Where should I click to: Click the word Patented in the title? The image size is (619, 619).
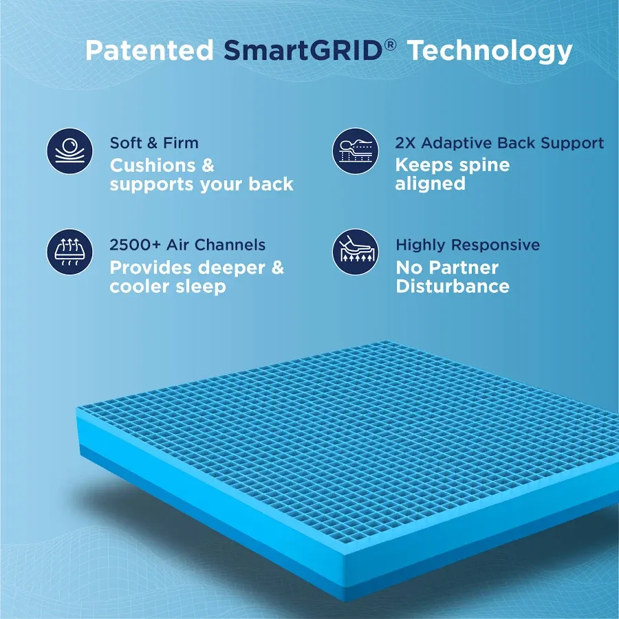(x=149, y=51)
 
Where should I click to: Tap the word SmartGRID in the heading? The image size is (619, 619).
(x=303, y=51)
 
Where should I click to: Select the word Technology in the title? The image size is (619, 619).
(x=490, y=51)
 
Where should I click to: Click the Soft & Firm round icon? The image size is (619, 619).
(x=69, y=151)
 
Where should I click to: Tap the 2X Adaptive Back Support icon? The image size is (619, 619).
(x=355, y=151)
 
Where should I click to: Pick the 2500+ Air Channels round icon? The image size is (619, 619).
(x=69, y=252)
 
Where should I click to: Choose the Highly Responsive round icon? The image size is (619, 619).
(x=355, y=252)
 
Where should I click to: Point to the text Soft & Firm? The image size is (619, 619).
(x=154, y=143)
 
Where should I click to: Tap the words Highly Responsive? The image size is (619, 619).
(x=468, y=245)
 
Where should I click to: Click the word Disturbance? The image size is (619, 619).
(x=453, y=287)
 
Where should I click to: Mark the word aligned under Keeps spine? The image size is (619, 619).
(x=430, y=184)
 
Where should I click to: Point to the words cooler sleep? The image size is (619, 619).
(x=167, y=287)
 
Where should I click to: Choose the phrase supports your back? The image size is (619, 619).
(x=202, y=185)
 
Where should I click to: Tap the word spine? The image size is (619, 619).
(x=484, y=166)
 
